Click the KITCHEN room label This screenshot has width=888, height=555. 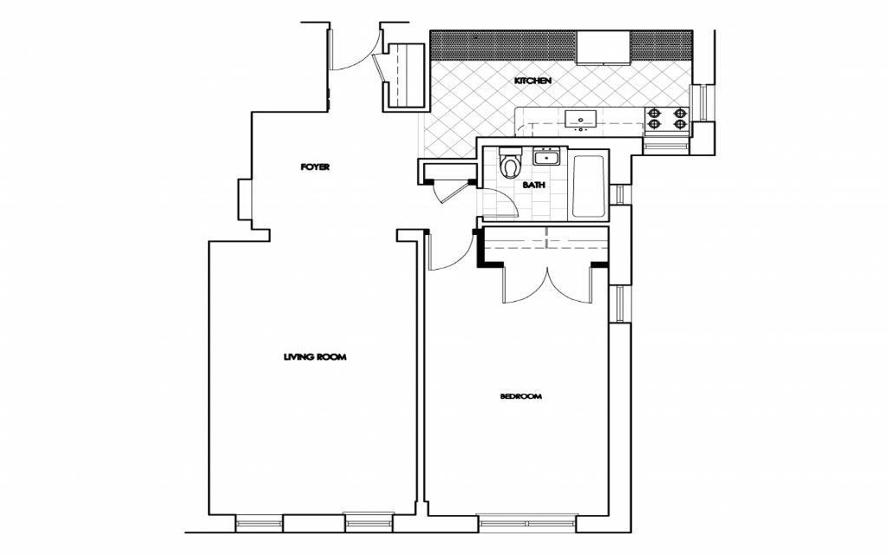[x=532, y=81]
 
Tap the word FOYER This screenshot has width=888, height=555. [x=315, y=166]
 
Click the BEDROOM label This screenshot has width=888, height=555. [x=520, y=396]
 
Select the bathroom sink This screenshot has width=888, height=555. [x=547, y=157]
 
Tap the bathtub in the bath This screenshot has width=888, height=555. [x=590, y=186]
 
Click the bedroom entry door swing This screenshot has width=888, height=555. [x=447, y=251]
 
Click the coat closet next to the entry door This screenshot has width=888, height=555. [x=404, y=76]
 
